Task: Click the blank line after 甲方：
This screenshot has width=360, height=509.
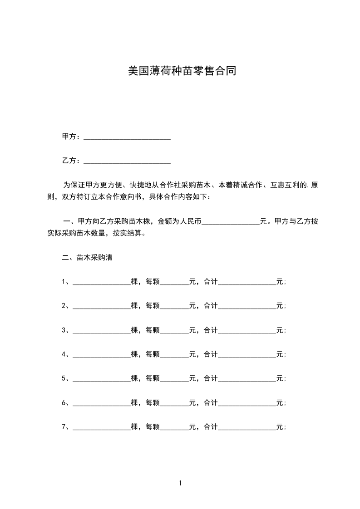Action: [127, 137]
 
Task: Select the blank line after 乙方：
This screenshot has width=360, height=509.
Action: [127, 161]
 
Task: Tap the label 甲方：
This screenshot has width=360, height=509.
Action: [71, 137]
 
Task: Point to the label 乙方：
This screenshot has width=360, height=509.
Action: [71, 161]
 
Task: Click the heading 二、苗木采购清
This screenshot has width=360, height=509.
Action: [87, 258]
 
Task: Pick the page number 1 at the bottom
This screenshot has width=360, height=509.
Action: [180, 483]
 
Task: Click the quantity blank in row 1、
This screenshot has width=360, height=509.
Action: [102, 282]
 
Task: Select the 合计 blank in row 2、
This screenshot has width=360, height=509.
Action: [247, 306]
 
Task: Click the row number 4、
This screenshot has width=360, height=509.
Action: [66, 354]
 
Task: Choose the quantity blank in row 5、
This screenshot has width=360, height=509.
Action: [102, 378]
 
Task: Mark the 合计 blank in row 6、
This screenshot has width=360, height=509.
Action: [247, 403]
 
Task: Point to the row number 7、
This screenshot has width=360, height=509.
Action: [66, 427]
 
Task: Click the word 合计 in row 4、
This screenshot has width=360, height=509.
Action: [211, 354]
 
